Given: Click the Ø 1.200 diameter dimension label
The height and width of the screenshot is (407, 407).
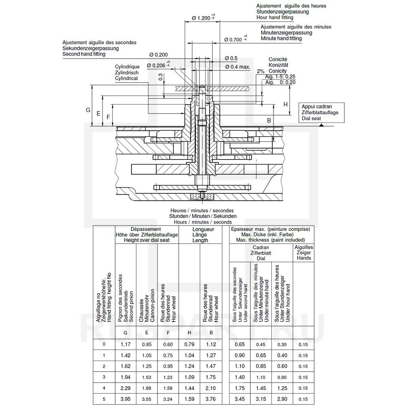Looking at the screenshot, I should tap(201, 18).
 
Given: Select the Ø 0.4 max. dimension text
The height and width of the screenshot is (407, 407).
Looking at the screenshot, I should tap(237, 67).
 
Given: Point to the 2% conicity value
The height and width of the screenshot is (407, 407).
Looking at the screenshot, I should tap(260, 71).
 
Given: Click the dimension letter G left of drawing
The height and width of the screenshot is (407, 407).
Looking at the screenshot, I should tap(88, 110).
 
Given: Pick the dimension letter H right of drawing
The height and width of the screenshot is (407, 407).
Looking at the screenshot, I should tap(285, 104).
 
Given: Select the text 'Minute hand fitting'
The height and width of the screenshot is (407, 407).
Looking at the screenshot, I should tap(281, 38).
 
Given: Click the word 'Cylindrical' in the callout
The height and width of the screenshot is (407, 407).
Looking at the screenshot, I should tap(126, 78).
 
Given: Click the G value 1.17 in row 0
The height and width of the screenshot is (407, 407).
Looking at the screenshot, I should tap(125, 344).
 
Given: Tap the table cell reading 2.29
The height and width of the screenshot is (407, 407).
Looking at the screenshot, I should tap(125, 388).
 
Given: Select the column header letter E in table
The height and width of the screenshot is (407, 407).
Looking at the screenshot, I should tap(146, 333).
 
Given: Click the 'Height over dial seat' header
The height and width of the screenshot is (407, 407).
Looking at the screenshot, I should tap(147, 240).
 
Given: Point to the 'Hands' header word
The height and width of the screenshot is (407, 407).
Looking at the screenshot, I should tap(304, 258).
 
